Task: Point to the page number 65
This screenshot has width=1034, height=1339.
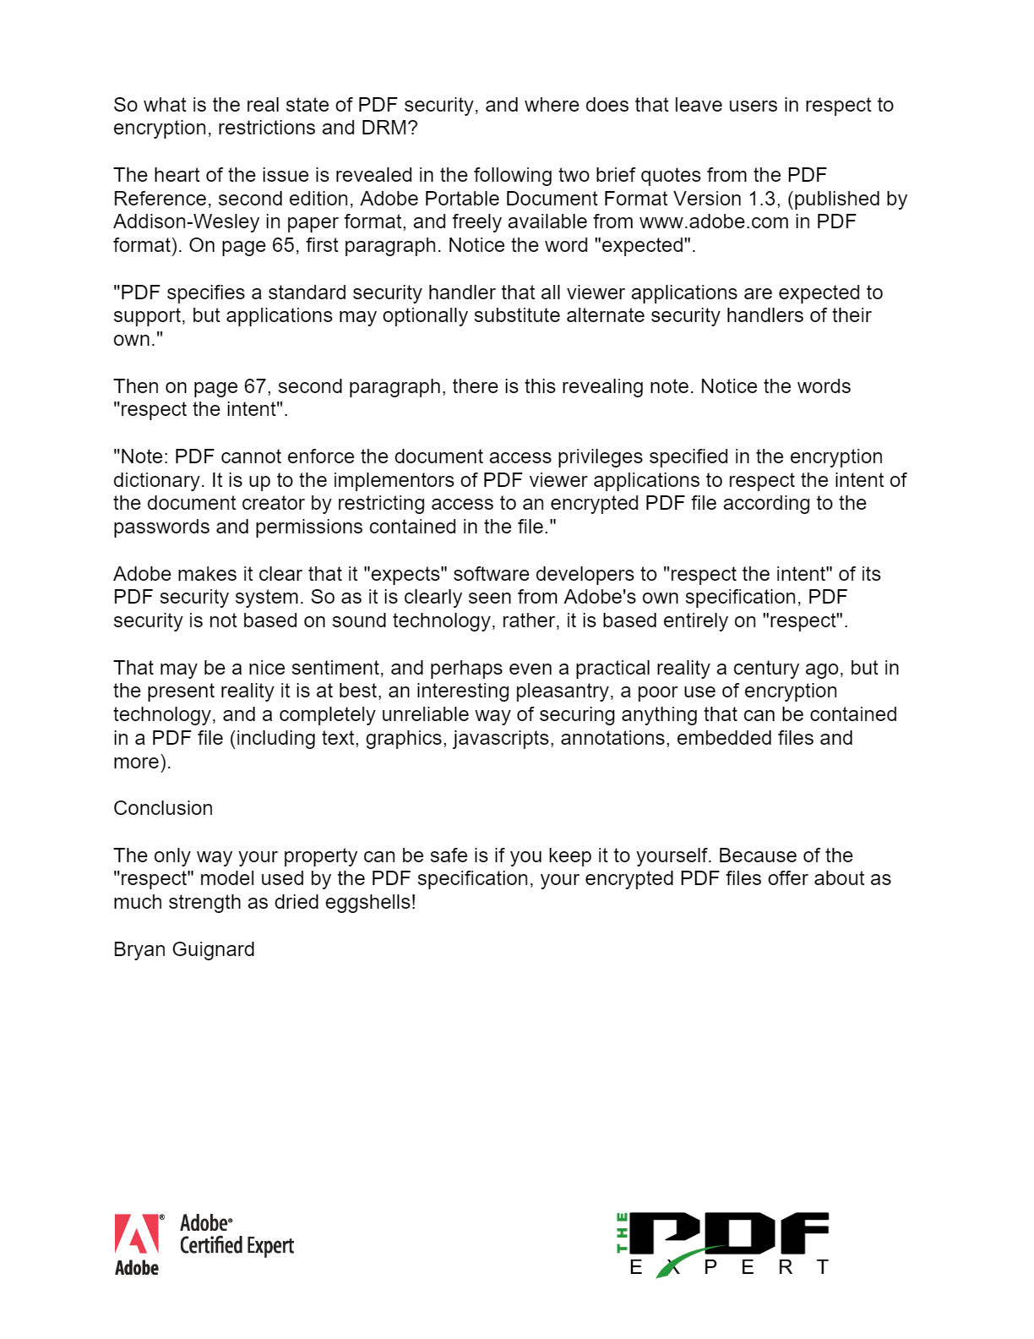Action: [283, 246]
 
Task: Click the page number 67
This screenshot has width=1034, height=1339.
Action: [255, 387]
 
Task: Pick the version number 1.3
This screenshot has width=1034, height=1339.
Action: [762, 199]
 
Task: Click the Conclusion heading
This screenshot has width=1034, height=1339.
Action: [163, 809]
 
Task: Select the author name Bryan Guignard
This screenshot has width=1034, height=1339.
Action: [184, 950]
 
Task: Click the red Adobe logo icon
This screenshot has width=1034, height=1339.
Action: [137, 1234]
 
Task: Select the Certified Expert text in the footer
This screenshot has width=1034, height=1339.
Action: [237, 1246]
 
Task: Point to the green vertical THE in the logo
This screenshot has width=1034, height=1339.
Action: [623, 1232]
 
